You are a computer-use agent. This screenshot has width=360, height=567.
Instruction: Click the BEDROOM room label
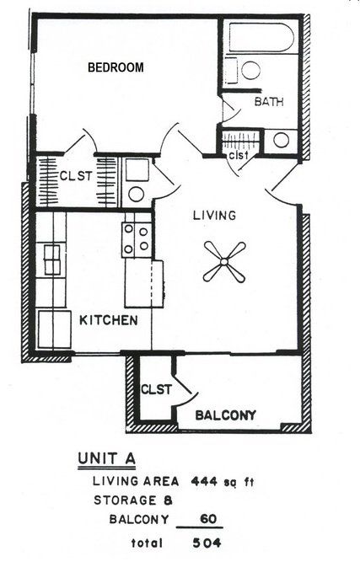(x=116, y=67)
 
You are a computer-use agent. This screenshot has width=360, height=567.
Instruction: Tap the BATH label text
(x=269, y=102)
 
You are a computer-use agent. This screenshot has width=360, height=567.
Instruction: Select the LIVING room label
(x=215, y=216)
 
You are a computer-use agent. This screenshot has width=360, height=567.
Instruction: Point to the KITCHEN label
(x=109, y=320)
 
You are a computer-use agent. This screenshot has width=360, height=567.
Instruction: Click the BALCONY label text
(x=225, y=415)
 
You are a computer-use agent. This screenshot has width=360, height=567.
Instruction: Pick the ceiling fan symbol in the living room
(x=223, y=262)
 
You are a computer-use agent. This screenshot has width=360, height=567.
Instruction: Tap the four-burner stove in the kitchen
(x=137, y=238)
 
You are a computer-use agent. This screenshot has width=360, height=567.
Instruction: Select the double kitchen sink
(x=52, y=259)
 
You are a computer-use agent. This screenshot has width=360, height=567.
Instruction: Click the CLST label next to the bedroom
(x=76, y=176)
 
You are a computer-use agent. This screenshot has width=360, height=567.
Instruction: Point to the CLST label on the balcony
(x=156, y=389)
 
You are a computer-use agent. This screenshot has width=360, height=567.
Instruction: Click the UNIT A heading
(x=106, y=460)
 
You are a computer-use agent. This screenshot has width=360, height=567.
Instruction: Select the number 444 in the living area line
(x=205, y=482)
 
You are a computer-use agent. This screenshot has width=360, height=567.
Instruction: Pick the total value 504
(x=206, y=543)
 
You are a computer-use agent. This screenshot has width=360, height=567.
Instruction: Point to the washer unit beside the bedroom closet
(x=136, y=181)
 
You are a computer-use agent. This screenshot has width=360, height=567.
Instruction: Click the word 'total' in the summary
(x=148, y=543)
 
